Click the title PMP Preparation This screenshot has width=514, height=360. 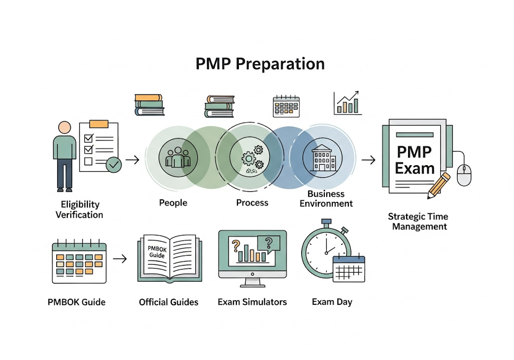(260, 64)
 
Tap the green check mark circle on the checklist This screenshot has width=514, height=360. (114, 164)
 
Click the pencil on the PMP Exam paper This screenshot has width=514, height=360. (438, 184)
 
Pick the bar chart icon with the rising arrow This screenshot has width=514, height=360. (348, 103)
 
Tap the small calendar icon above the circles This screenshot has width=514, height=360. (286, 106)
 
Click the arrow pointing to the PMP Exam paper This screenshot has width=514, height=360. (368, 160)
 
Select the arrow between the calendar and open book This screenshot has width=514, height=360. (120, 259)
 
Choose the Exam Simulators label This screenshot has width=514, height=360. (252, 302)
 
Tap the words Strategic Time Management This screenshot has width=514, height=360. (418, 221)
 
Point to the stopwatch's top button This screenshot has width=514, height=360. (327, 222)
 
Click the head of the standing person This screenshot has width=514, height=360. (65, 128)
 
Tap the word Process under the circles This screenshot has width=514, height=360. (252, 203)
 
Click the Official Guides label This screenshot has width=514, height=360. (169, 302)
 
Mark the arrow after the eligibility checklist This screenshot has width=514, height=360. (133, 160)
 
